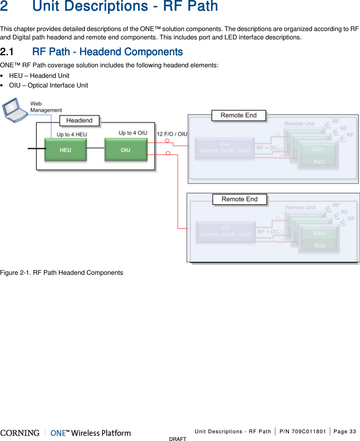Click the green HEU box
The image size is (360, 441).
click(65, 150)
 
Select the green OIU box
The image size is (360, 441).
click(126, 150)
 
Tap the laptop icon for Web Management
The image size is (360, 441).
click(15, 110)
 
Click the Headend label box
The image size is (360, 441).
click(79, 121)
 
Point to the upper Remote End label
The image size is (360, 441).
click(239, 115)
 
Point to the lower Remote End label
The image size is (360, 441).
click(240, 199)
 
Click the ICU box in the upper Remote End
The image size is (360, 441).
click(225, 147)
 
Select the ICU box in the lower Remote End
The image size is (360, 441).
click(226, 231)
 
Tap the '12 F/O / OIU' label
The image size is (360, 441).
click(172, 134)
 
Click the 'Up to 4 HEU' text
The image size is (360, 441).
click(72, 135)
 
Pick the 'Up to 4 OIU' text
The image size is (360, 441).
click(133, 133)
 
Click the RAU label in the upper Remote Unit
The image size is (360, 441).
click(318, 149)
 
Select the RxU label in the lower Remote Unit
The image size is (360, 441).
click(320, 246)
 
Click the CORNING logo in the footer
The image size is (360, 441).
click(20, 433)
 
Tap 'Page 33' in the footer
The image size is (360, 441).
click(344, 431)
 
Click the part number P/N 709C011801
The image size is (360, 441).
click(303, 431)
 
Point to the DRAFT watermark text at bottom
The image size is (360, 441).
click(178, 439)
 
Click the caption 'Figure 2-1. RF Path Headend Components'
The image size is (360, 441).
click(61, 273)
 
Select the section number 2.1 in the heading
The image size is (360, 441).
click(7, 52)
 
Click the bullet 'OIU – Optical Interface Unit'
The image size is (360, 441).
click(48, 85)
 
